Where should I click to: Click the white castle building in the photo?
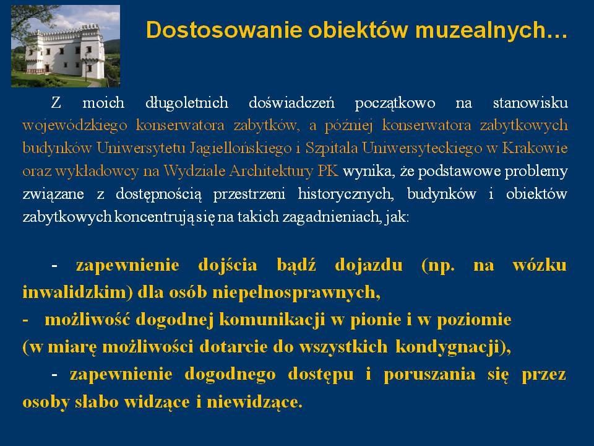pos(65,50)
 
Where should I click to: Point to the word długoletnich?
pos(187,102)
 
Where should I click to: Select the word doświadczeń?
pos(291,102)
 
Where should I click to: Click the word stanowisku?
pos(530,102)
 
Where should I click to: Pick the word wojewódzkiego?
pos(75,126)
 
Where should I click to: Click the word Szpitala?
pos(332,148)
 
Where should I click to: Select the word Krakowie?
pos(535,148)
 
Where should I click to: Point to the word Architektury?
pos(271,171)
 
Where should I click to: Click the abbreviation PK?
pos(328,171)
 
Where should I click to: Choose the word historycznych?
pos(345,194)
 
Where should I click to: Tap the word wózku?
pos(540,265)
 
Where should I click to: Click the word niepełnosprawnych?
pos(296,292)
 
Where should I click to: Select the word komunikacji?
pos(272,320)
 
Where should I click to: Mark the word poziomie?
pos(475,320)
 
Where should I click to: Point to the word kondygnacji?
pos(447,347)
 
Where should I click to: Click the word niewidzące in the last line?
pos(254,401)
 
